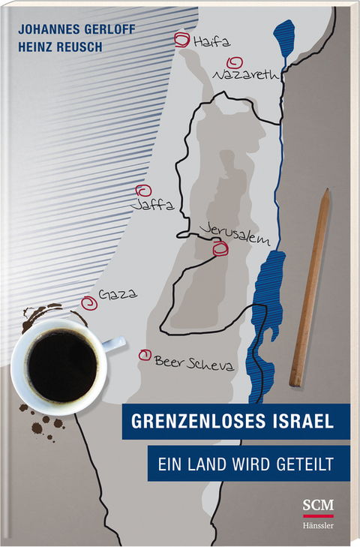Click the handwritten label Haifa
[x=209, y=44]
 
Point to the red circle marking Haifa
[x=181, y=41]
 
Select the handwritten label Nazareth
[x=247, y=76]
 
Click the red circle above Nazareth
[x=235, y=63]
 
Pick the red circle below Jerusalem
[x=220, y=249]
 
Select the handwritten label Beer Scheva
[x=193, y=363]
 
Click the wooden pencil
[x=310, y=286]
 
